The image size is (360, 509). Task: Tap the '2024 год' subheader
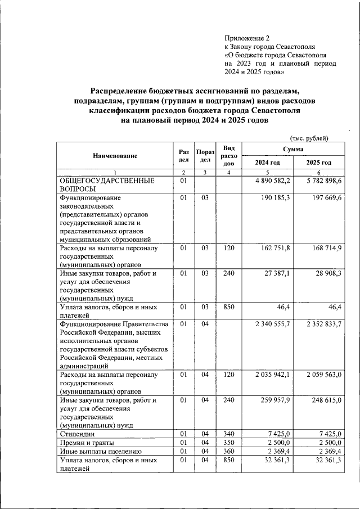click(267, 163)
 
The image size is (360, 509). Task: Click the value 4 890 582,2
click(273, 181)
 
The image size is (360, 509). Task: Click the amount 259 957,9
click(276, 400)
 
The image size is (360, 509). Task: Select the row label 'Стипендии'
click(77, 434)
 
